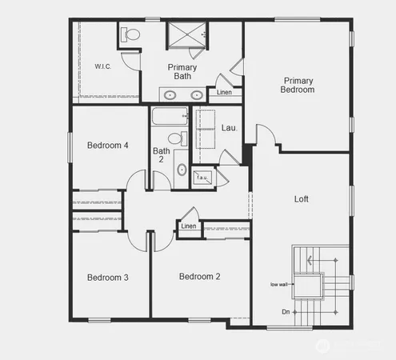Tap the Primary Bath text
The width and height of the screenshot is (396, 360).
pos(183,71)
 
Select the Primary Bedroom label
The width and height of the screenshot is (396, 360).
pos(297,85)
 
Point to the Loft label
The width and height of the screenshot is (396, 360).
pos(301,198)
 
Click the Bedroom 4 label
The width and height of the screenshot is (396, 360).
pos(107,145)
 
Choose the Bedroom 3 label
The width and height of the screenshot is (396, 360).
pos(107,277)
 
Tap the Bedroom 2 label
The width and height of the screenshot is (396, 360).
pos(199,276)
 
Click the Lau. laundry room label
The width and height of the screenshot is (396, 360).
pos(228,127)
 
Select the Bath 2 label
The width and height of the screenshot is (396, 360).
pos(162,155)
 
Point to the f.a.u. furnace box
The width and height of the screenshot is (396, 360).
pos(202,178)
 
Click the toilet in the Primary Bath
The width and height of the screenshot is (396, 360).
pos(130,34)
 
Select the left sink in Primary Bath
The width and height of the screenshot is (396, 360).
pos(170,95)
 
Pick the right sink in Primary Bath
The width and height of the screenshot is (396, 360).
pos(197,95)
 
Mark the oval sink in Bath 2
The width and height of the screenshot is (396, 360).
pos(181,170)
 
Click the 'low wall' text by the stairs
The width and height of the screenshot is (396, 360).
pos(279,284)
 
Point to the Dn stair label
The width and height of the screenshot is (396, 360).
pos(286,311)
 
